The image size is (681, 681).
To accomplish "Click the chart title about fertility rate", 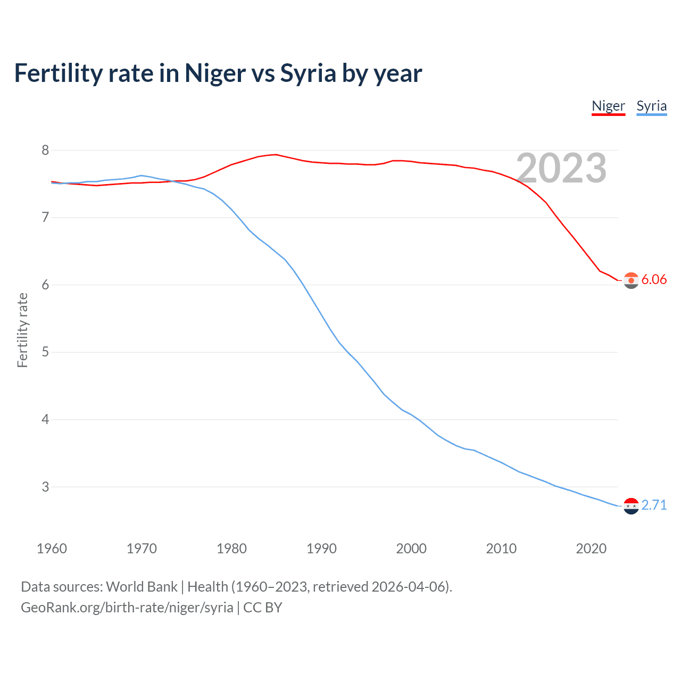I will pos(218,73).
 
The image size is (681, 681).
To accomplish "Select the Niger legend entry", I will pos(608,106).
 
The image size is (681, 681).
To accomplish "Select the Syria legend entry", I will pos(651,106).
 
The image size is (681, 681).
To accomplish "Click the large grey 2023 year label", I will pos(561,168).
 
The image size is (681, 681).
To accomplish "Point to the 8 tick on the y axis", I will pos(45,151).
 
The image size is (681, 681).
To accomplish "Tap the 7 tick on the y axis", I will pos(45,218).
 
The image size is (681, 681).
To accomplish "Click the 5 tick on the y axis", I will pos(45,352).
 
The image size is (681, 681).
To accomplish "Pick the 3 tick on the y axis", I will pos(45,487).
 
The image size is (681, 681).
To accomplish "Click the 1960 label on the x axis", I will pos(52,549).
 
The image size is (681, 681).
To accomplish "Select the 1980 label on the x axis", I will pos(231,549).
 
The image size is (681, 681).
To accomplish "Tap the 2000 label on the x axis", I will pos(411,549).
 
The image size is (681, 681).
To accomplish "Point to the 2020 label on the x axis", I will pos(591,549).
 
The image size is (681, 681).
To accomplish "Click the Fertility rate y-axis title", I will pos(22,330).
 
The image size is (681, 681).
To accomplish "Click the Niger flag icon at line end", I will pos(631,280).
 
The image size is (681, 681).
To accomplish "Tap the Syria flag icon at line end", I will pos(631,506).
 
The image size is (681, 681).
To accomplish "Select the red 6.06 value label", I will pos(654,280).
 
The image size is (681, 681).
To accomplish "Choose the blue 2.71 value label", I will pos(654,505).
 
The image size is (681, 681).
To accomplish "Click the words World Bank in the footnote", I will pos(142,587).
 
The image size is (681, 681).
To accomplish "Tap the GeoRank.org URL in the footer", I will pos(127,608).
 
